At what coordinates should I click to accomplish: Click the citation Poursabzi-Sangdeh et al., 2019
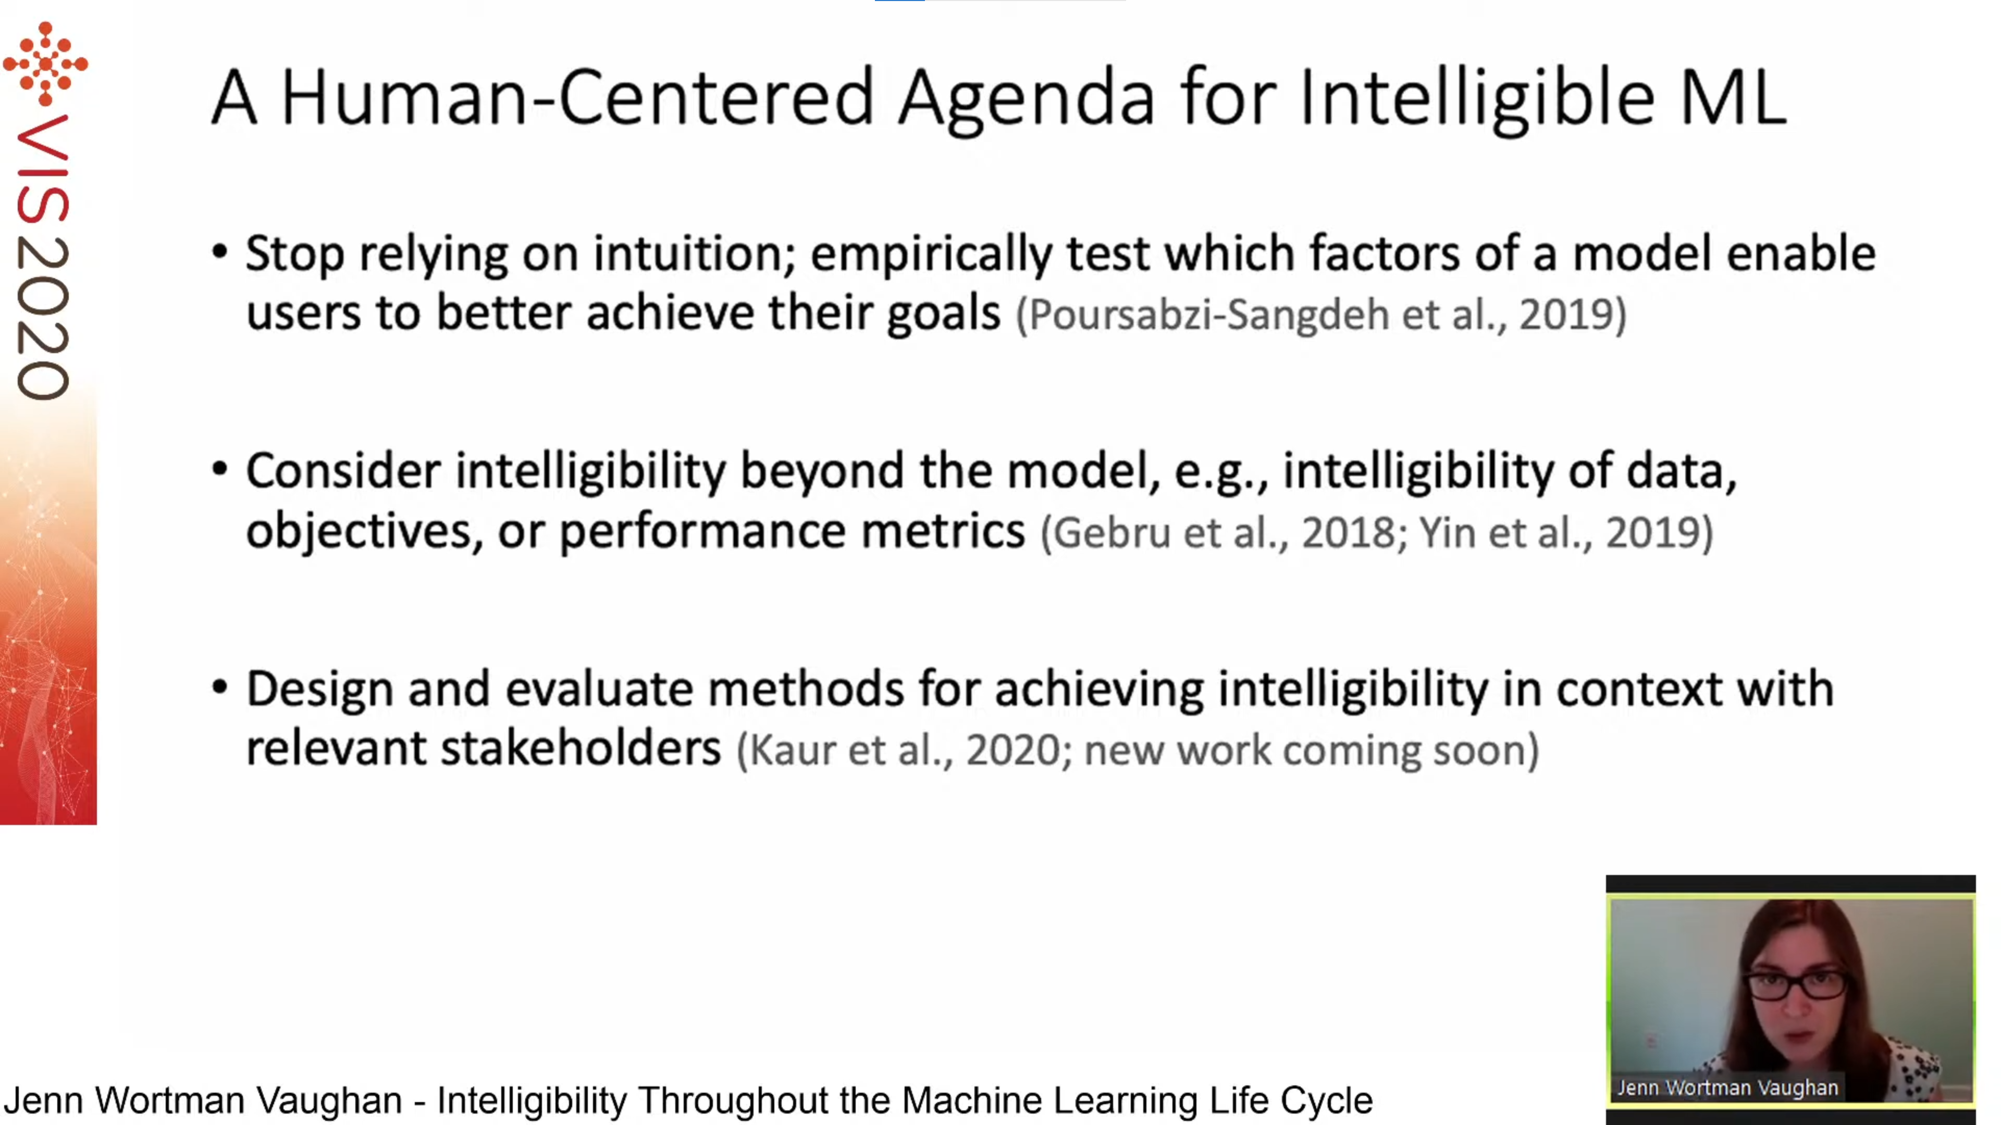1320,315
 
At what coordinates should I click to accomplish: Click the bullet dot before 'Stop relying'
220,252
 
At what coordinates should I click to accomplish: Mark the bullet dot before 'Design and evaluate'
220,687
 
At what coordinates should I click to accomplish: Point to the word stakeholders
581,749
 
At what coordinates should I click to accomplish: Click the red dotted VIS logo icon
45,64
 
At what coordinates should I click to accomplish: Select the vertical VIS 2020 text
43,256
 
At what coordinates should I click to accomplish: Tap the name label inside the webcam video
1727,1087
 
